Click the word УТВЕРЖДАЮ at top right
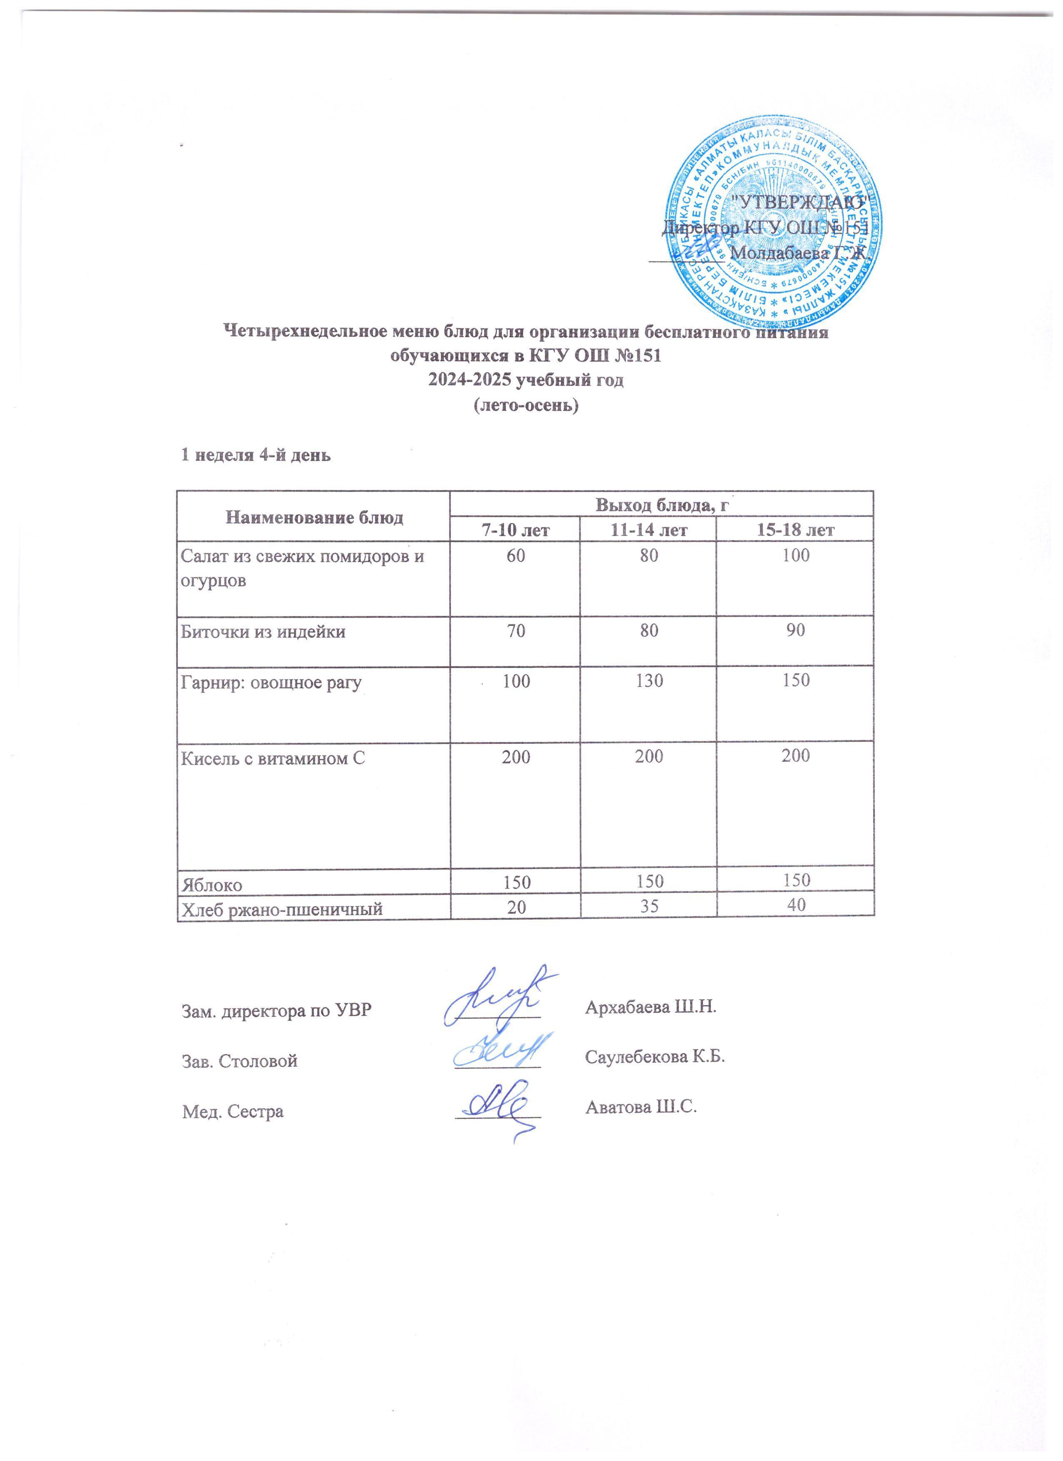(x=799, y=201)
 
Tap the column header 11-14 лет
(x=649, y=530)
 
